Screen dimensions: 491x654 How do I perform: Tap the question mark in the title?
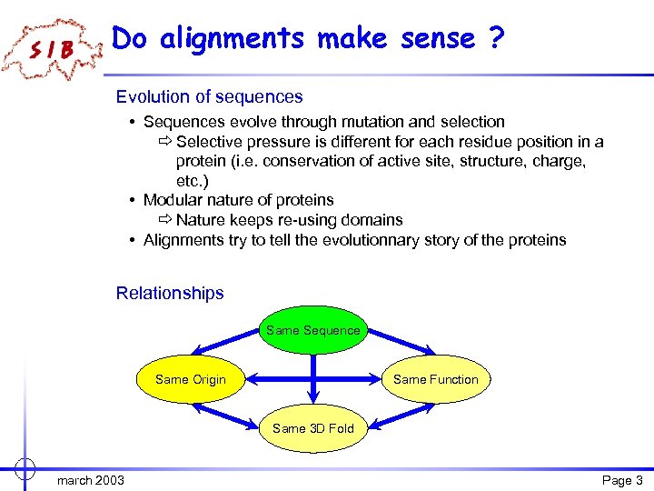pos(496,38)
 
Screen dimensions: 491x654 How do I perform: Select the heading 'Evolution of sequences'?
pos(209,96)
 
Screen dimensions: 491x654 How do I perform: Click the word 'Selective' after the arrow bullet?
pos(209,142)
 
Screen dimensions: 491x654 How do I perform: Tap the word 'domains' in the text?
pos(372,220)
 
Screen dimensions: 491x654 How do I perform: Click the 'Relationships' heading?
pos(170,293)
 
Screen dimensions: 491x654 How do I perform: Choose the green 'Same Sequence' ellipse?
pos(312,330)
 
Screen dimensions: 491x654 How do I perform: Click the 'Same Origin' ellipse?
pos(191,379)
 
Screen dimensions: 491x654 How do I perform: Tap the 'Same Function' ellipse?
pos(435,379)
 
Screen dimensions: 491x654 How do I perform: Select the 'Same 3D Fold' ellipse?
pos(312,427)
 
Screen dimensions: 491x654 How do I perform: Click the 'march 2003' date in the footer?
pos(91,480)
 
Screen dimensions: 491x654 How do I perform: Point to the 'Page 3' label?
pos(622,480)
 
